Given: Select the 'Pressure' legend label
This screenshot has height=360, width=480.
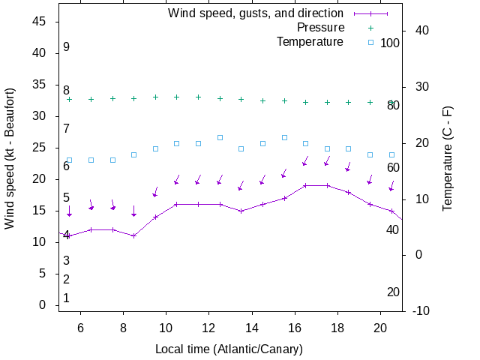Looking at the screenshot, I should [320, 28].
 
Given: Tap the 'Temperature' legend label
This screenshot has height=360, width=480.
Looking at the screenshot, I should [310, 42].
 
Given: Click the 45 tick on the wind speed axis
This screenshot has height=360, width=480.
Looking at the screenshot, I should [40, 22].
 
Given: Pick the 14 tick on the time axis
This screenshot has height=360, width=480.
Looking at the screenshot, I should [251, 328].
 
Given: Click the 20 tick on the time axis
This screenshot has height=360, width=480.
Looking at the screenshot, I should [380, 328].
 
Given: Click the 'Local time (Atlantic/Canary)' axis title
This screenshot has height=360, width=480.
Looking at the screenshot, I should [229, 349].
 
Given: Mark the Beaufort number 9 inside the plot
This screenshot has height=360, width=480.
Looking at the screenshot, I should [66, 47].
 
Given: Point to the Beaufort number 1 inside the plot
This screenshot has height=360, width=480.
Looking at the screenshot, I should [66, 298].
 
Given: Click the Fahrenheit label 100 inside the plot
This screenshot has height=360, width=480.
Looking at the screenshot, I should [390, 43].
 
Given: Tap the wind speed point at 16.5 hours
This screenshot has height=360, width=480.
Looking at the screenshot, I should [305, 185].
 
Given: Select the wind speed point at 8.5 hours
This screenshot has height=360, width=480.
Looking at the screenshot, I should [133, 235].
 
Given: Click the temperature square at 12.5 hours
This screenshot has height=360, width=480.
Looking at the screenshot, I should [220, 137].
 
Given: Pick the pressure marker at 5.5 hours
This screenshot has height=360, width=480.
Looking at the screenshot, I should [69, 99].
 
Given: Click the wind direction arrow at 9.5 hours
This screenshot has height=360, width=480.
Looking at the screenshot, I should [155, 192].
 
